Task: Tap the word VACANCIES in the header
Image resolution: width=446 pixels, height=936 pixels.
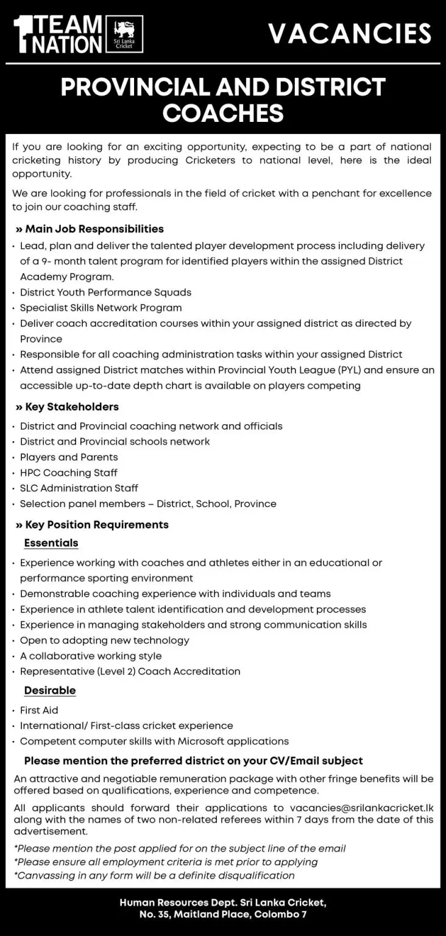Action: click(x=350, y=34)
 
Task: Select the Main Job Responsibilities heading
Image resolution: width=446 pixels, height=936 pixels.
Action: click(x=90, y=229)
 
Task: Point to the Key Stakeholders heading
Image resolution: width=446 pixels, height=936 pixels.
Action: click(x=67, y=406)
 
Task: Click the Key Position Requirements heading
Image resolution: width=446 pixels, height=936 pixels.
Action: click(x=92, y=524)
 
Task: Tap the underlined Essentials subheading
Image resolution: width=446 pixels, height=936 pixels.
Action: click(x=51, y=542)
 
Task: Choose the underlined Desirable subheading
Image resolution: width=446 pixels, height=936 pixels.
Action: click(x=50, y=690)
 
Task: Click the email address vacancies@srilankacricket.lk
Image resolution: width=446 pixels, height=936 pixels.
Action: click(x=362, y=807)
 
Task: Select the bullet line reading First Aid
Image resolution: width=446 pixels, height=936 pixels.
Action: click(x=39, y=710)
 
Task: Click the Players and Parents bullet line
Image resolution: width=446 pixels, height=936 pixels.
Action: click(x=69, y=457)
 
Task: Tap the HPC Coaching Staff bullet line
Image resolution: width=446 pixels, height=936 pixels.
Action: click(x=68, y=472)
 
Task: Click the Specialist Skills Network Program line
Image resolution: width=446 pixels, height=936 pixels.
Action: click(x=101, y=308)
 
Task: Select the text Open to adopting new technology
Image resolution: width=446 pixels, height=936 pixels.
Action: click(x=104, y=640)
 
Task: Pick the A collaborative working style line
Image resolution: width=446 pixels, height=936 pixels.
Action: click(x=91, y=656)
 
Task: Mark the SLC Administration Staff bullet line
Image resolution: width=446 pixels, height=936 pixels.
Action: click(x=79, y=488)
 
